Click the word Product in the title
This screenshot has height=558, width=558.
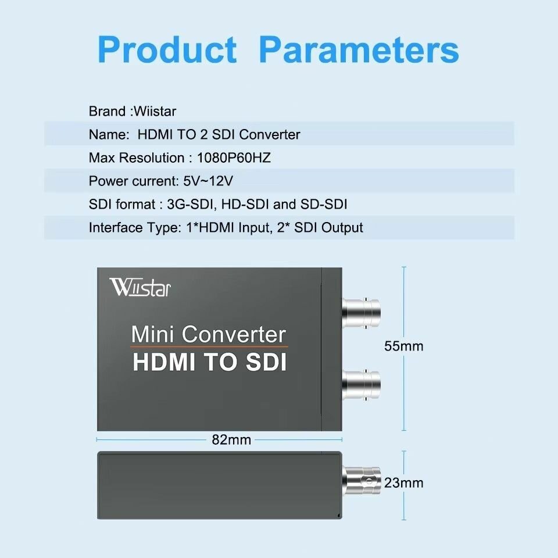168,49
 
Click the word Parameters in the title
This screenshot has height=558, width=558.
359,49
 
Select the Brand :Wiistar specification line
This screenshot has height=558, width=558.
132,111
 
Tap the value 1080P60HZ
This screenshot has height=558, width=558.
234,158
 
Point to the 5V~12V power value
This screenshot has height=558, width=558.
208,181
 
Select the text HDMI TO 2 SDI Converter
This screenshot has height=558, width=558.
219,135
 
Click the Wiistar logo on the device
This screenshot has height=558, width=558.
140,288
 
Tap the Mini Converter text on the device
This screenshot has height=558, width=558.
209,335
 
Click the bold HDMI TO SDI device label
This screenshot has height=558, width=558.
209,362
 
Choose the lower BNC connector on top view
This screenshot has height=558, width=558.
362,382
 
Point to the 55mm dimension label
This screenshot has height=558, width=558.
403,346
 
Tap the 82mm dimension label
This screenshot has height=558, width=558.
231,440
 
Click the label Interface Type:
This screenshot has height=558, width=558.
131,228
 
